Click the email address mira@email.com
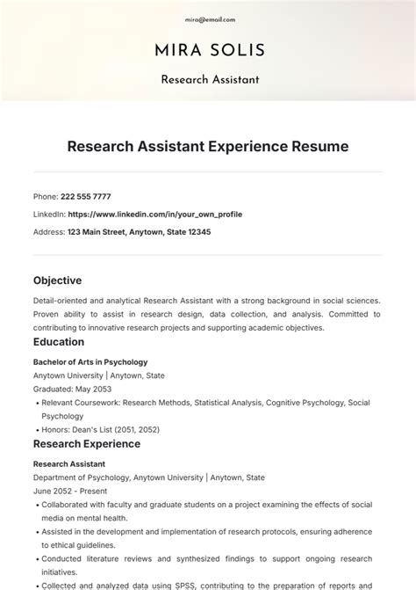210,18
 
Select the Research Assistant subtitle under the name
209,80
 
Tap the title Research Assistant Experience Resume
208,146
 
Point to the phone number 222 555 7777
85,196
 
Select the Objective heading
57,280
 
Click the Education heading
59,342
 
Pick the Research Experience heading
87,444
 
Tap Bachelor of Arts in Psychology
90,361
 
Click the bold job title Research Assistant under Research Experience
69,463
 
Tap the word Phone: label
45,196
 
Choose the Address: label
48,232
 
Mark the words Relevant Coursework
80,403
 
